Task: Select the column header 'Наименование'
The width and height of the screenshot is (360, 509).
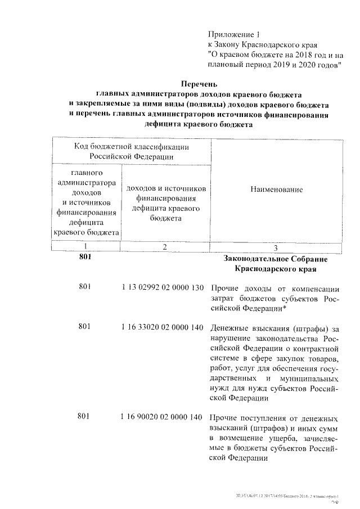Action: pyautogui.click(x=276, y=190)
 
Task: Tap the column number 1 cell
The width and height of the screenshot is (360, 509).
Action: pyautogui.click(x=85, y=246)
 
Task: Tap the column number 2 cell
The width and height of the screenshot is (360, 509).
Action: pyautogui.click(x=164, y=246)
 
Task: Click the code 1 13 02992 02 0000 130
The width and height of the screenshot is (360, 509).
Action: pyautogui.click(x=162, y=288)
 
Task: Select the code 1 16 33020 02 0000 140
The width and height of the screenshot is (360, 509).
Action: pyautogui.click(x=162, y=328)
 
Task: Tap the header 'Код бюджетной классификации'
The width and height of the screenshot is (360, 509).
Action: pyautogui.click(x=131, y=146)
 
